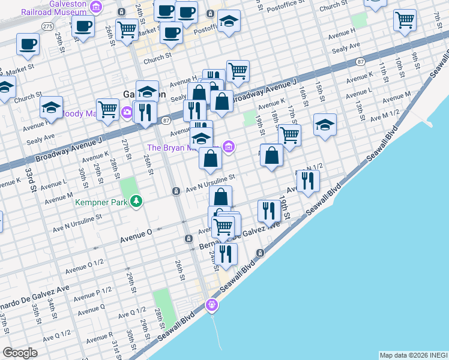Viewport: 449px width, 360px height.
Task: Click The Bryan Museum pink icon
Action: tap(228, 146)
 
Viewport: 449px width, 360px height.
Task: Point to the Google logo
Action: tap(20, 353)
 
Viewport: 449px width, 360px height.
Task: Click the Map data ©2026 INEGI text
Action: tap(413, 355)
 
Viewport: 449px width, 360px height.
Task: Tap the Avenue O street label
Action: tap(136, 238)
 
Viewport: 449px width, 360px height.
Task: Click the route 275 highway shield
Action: tap(48, 26)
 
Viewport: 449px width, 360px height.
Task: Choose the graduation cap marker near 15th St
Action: tap(325, 124)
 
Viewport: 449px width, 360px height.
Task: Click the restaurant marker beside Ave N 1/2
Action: tap(307, 180)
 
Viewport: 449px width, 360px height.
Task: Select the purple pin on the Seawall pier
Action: tap(211, 305)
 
